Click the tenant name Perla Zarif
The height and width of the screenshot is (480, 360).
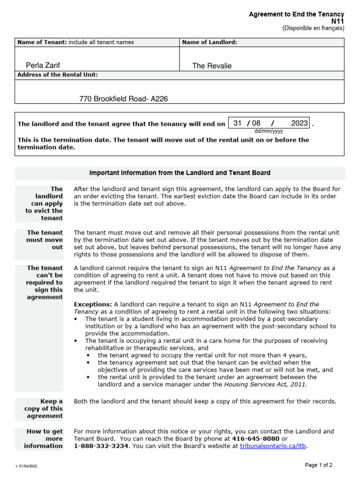pyautogui.click(x=43, y=66)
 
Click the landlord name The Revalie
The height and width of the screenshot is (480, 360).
pyautogui.click(x=212, y=66)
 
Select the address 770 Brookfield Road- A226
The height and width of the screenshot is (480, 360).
pyautogui.click(x=123, y=99)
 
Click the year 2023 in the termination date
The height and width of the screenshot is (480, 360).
pyautogui.click(x=300, y=123)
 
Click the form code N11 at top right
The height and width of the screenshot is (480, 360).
pyautogui.click(x=337, y=22)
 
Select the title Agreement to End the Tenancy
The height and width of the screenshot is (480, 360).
pyautogui.click(x=296, y=15)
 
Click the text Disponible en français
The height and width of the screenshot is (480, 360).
pyautogui.click(x=313, y=28)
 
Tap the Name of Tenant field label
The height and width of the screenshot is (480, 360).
pyautogui.click(x=42, y=42)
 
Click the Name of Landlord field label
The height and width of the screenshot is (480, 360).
pyautogui.click(x=209, y=42)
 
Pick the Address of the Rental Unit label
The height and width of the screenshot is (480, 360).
pyautogui.click(x=57, y=75)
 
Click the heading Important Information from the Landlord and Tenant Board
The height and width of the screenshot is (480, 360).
pyautogui.click(x=180, y=173)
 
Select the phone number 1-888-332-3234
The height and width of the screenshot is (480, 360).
pyautogui.click(x=101, y=446)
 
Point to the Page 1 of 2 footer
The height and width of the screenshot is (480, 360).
pyautogui.click(x=319, y=465)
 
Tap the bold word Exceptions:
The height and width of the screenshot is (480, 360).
pyautogui.click(x=93, y=305)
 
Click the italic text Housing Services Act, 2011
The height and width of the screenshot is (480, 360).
pyautogui.click(x=264, y=384)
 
